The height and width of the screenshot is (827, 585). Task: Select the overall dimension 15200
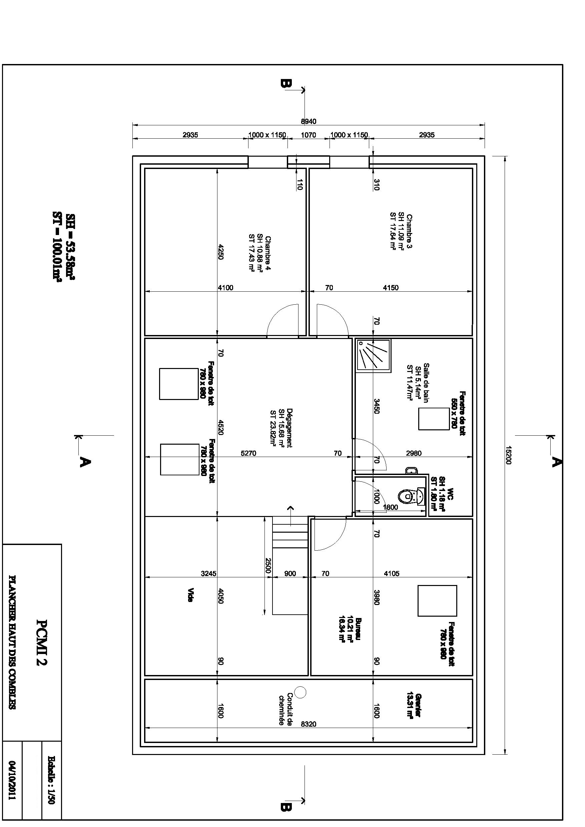(x=508, y=455)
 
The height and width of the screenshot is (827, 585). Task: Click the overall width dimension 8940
(x=309, y=121)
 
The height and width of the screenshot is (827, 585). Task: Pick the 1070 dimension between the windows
(x=308, y=135)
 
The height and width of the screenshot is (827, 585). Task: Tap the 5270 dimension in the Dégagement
(x=248, y=453)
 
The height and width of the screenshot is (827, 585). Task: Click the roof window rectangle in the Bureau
(x=437, y=600)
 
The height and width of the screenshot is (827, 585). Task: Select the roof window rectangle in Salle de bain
(x=433, y=419)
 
